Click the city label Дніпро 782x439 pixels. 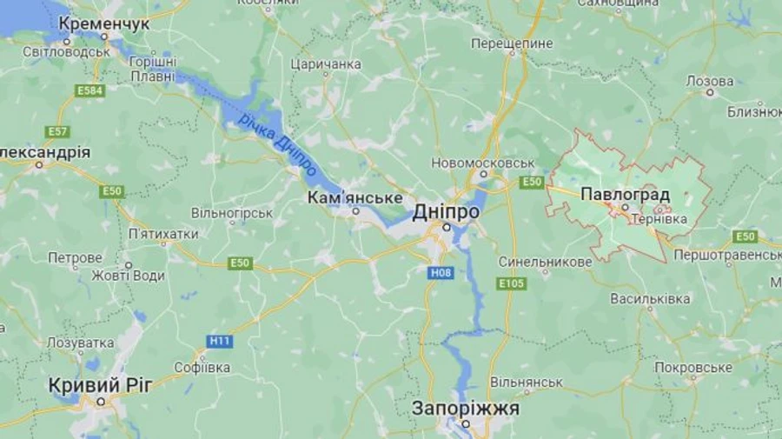click(x=446, y=211)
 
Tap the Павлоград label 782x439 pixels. click(x=624, y=193)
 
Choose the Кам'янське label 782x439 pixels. click(x=355, y=198)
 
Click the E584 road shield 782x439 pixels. click(x=89, y=90)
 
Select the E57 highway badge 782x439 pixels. click(x=58, y=132)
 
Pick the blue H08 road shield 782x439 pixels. click(x=439, y=273)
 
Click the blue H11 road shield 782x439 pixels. click(x=220, y=341)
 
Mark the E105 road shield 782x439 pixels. click(x=511, y=283)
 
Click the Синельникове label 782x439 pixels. click(x=546, y=262)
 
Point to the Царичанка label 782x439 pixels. click(x=326, y=64)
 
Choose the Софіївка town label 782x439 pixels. click(x=202, y=368)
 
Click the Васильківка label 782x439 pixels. click(x=650, y=298)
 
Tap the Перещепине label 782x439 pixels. click(x=512, y=43)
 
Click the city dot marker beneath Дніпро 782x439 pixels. click(x=447, y=227)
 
